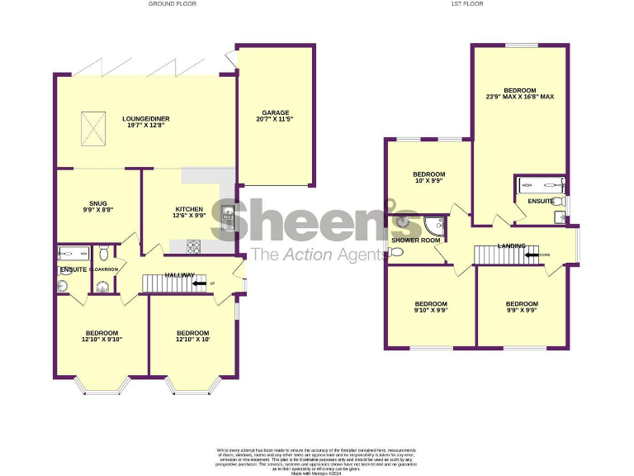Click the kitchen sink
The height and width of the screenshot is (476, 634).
[x=229, y=218]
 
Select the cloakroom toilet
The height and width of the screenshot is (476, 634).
[x=104, y=253]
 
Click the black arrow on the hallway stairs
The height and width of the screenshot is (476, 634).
[x=199, y=284]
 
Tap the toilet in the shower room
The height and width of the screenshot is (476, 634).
[x=396, y=252]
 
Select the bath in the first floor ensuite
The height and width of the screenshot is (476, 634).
[x=540, y=184]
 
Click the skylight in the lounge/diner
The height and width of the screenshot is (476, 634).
[x=92, y=129]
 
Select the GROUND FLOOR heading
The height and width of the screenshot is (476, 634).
[x=173, y=4]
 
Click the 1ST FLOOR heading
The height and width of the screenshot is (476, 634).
[x=466, y=4]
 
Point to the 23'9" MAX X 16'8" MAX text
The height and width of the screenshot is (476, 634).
[x=520, y=97]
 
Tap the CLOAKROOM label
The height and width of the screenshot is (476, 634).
[x=105, y=269]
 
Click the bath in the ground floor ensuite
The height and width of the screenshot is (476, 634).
[x=73, y=254]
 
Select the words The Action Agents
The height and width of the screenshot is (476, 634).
[x=317, y=254]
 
